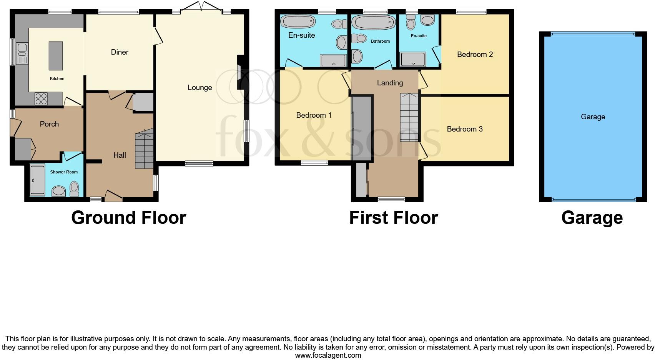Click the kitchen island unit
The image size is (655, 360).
[x=56, y=56]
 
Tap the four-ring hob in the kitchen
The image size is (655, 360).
[x=41, y=99]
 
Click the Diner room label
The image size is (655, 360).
[x=120, y=52]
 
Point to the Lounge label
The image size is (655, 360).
[x=199, y=88]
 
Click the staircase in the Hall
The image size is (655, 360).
[x=145, y=150]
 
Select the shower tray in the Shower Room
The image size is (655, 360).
[x=37, y=180]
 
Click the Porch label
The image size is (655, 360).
[x=49, y=124]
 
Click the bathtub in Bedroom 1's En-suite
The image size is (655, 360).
[x=298, y=21]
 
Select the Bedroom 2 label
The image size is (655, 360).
[x=475, y=55]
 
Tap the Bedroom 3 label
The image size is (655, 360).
[x=464, y=129]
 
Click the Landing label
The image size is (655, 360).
[x=390, y=83]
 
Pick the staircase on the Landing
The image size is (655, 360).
[x=409, y=117]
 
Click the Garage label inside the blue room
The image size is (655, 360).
[x=593, y=117]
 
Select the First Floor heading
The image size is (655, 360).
[x=393, y=218]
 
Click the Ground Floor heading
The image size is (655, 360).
[x=128, y=218]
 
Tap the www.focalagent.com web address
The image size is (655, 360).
[x=328, y=355]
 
